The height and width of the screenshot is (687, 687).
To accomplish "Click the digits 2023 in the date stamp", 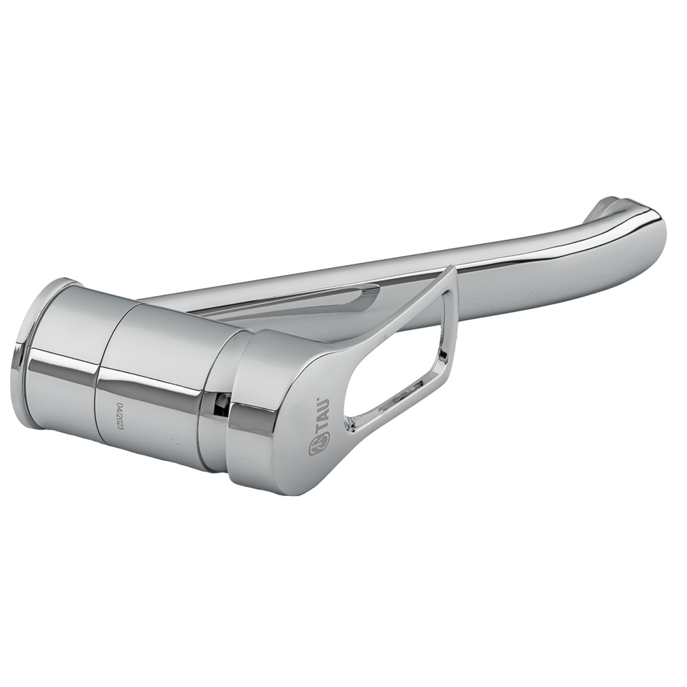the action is [x=117, y=424].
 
